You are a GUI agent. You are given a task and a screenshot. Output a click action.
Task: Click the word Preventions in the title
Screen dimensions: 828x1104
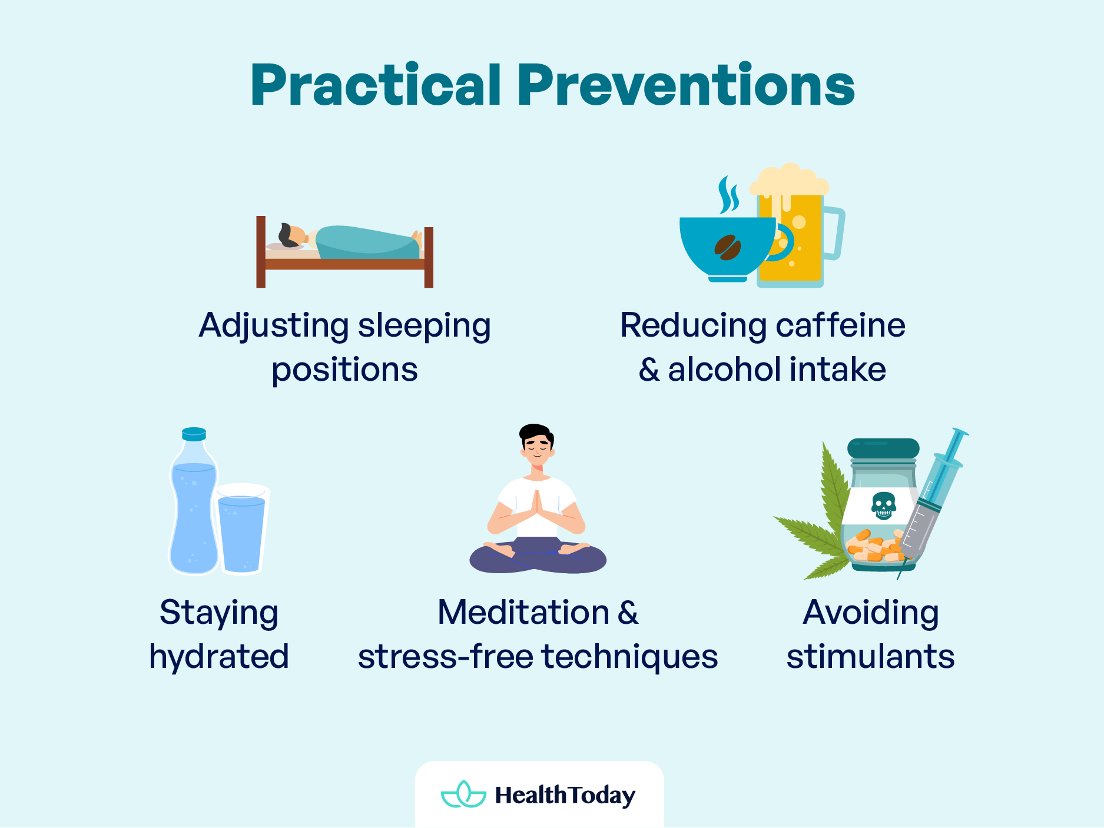click(x=685, y=86)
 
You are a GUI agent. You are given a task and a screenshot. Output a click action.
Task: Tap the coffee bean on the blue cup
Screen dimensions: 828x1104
click(x=728, y=247)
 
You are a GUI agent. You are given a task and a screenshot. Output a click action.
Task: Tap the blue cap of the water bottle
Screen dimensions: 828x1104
click(x=194, y=434)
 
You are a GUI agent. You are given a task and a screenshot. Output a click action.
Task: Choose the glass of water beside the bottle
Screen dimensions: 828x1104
click(x=242, y=530)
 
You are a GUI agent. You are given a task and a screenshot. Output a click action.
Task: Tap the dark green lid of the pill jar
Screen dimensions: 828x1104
click(x=883, y=448)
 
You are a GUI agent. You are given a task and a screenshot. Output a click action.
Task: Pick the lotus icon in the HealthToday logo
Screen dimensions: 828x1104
click(x=464, y=794)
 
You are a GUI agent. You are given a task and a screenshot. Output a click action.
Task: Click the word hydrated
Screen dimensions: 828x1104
click(x=219, y=657)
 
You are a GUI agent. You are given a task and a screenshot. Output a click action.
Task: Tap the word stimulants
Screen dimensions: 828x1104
click(x=870, y=657)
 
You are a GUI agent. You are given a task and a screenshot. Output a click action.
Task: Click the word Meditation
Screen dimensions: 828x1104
click(x=523, y=613)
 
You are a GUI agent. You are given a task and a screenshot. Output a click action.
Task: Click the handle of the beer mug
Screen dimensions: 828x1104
click(x=835, y=232)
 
